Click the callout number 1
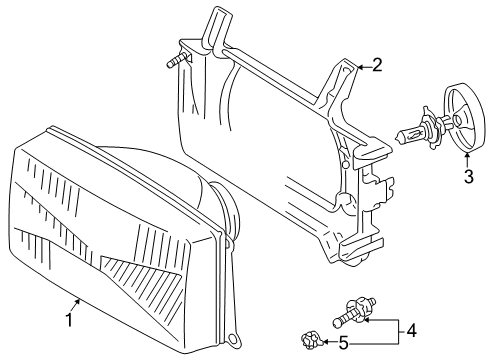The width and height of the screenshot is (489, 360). click(x=69, y=320)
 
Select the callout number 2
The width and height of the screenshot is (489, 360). click(x=377, y=65)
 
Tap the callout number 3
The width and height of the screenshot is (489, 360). click(x=469, y=177)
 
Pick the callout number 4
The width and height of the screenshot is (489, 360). click(x=412, y=331)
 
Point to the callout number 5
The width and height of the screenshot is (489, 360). click(x=344, y=343)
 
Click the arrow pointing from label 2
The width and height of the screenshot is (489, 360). click(x=364, y=67)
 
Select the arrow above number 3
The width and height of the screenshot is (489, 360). click(x=467, y=160)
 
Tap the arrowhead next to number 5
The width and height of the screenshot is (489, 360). click(x=324, y=342)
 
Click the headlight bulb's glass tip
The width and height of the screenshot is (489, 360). click(x=398, y=137)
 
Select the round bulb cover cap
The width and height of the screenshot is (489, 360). click(x=464, y=118)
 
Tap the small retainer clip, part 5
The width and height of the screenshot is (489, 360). click(x=311, y=340)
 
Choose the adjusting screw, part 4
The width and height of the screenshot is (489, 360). click(x=355, y=313)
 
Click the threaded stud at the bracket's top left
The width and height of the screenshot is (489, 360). click(x=176, y=61)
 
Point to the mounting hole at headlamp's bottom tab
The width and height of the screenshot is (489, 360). click(x=234, y=339)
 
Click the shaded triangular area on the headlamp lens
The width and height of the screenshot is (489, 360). click(x=143, y=278)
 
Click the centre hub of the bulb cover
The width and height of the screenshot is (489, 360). click(x=458, y=119)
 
